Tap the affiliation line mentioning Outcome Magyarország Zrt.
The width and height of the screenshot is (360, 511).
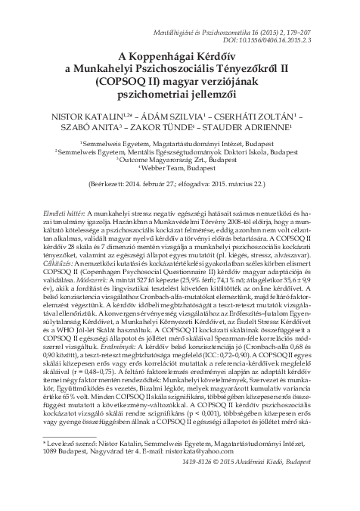click(182, 160)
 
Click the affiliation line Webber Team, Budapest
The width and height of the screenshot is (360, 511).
click(182, 169)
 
